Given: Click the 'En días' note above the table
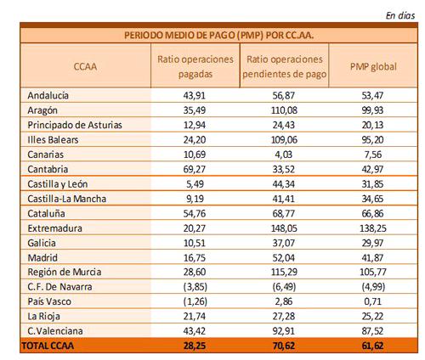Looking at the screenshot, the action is pos(400,15).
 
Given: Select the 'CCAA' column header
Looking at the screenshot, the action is pos(85,66).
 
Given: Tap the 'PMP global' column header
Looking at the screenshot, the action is pos(373,66).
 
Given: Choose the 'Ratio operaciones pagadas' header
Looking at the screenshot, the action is pos(195,67).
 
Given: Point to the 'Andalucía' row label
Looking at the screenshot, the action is pos(48,95).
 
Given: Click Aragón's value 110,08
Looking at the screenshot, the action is pos(284,110).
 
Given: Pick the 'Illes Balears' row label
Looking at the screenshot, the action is pos(53,140).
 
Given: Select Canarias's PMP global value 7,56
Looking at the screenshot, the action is pos(373,155).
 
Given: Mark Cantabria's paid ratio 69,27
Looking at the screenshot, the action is pos(195,169).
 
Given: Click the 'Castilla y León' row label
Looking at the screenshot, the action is pos(58,184).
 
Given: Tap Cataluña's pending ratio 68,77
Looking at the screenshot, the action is pos(284,213).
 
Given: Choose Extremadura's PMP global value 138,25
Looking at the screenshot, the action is pos(373,228).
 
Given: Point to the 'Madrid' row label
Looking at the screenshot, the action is pos(42,257).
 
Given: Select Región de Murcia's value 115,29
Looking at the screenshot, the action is pos(284,272).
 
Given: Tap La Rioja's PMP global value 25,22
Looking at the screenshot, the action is pos(372,316).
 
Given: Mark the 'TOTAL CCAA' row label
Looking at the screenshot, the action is pos(48,346).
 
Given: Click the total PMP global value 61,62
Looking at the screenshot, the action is pos(372,346).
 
